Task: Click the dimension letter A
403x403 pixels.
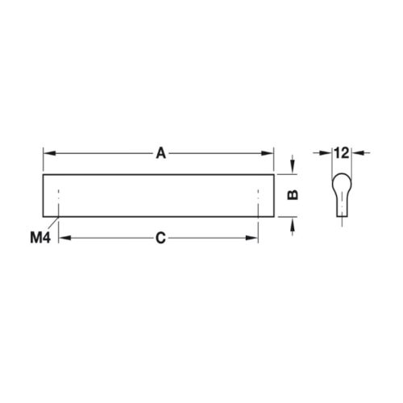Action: (160, 152)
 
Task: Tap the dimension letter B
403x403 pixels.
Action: (293, 194)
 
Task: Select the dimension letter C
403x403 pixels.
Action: (160, 238)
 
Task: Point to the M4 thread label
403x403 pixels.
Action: (41, 239)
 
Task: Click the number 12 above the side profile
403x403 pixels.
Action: (341, 152)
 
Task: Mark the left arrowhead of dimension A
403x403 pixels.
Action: (47, 152)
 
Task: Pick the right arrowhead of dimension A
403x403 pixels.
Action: (271, 152)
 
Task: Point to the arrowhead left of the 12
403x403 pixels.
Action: (326, 152)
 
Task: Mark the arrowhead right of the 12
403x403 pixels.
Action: (357, 152)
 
